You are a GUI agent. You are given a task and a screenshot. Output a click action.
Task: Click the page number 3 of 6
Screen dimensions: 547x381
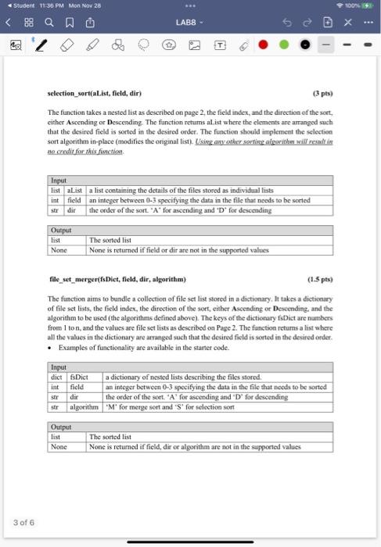point(23,522)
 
